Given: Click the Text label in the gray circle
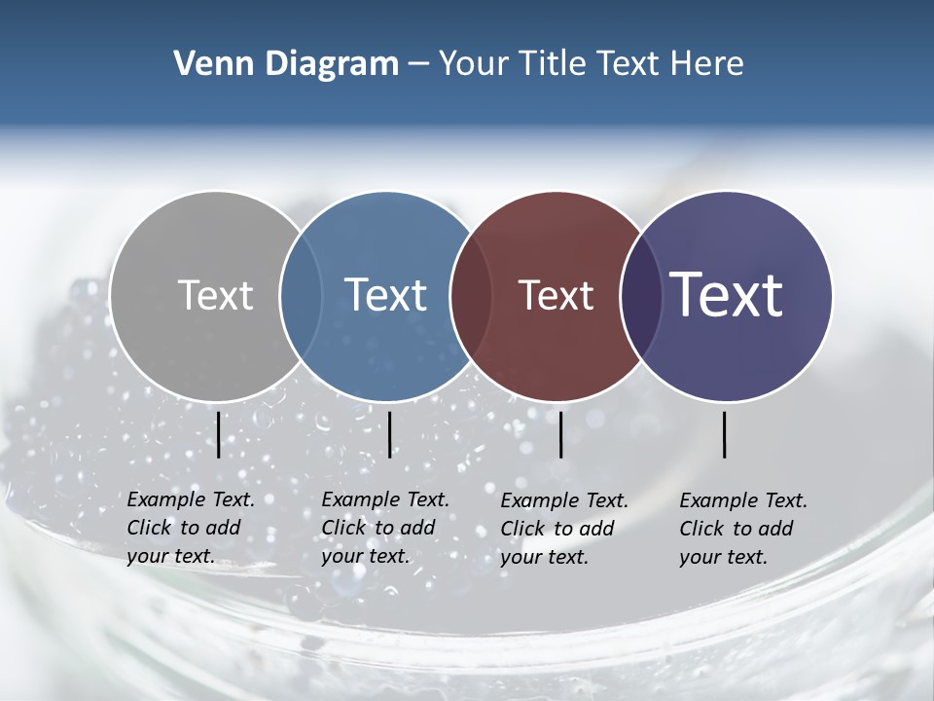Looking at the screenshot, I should (215, 295).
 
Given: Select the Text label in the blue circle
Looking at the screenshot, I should (385, 295).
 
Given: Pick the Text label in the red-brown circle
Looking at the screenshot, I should (556, 295).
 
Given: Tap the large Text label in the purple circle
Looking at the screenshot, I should (727, 295).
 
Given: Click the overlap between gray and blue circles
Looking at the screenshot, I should (301, 295).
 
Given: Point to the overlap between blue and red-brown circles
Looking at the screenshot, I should (471, 295).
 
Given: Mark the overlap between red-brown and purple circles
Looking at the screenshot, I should (641, 295).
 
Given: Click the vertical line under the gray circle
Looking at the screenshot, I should (219, 434).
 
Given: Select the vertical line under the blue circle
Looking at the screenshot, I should (389, 434).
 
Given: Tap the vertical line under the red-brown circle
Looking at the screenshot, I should (560, 434).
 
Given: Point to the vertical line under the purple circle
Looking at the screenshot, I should (725, 434).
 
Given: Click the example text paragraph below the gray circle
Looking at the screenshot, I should (190, 528).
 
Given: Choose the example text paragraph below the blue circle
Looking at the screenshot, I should (384, 528).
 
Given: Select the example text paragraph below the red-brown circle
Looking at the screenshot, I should (563, 529).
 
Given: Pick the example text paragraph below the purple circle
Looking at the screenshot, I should (742, 529).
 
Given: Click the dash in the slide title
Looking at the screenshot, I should (418, 65).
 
